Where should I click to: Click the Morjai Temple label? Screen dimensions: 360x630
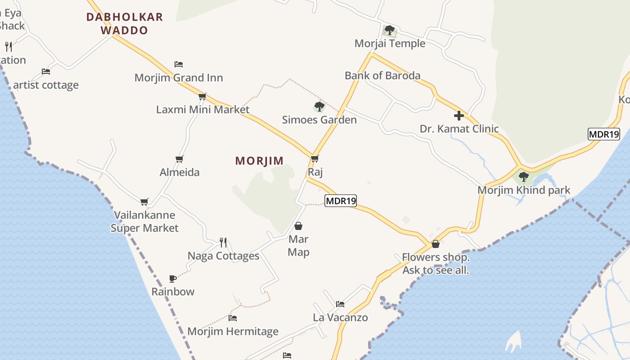390,43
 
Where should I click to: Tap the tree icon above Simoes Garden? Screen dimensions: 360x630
319,107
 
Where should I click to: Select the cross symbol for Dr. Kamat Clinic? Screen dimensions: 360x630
459,116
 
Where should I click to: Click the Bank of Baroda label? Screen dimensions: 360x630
382,75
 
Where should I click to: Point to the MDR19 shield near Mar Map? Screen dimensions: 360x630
341,201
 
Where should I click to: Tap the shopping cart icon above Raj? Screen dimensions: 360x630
315,158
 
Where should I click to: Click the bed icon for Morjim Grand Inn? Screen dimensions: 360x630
178,64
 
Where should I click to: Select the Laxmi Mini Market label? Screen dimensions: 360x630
202,109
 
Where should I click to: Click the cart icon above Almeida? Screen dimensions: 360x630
179,159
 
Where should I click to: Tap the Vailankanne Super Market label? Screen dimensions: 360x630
144,221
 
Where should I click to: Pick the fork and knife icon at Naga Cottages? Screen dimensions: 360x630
223,243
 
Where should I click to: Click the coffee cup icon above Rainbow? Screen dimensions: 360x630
173,279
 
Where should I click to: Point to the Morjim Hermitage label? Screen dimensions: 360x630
233,332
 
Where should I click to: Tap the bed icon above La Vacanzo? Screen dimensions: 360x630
340,304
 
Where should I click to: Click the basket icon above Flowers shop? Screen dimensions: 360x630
435,244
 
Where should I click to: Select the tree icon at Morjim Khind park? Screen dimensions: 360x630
523,176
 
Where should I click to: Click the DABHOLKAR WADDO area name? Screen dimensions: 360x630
125,24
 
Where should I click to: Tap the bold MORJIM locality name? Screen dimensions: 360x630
260,161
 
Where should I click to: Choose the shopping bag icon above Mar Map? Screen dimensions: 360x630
298,226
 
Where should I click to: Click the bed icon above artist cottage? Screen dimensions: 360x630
45,71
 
